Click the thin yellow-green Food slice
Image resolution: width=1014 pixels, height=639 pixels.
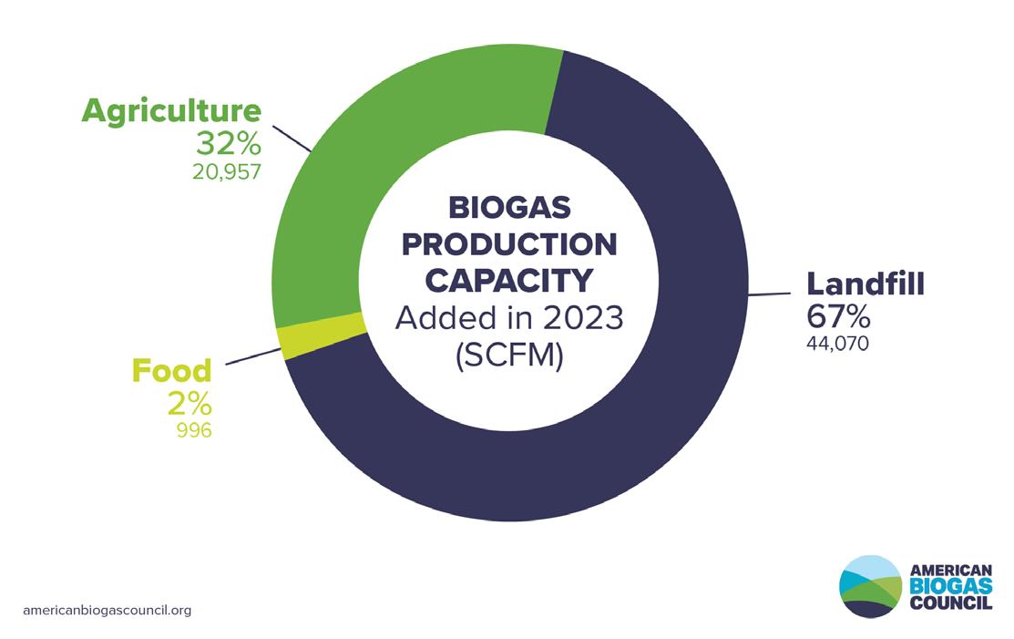[322, 335]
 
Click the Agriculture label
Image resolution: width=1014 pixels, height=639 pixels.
[171, 110]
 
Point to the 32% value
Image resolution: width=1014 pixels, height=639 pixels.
[229, 144]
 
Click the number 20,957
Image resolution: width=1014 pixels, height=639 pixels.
[226, 171]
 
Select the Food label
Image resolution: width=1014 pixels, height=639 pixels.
[171, 371]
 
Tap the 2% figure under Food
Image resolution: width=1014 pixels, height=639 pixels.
[189, 404]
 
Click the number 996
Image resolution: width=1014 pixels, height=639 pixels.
[194, 430]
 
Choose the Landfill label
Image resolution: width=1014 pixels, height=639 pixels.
[865, 283]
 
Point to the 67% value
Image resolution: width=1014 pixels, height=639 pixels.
[838, 316]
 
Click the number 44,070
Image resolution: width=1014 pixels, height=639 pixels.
[837, 344]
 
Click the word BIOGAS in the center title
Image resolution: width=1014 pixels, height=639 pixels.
[509, 208]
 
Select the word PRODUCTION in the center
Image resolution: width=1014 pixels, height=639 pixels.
[509, 244]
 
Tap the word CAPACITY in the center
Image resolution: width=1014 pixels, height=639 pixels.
[509, 281]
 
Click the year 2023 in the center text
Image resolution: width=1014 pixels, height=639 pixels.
[583, 317]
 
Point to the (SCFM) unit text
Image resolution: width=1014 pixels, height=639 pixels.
[509, 356]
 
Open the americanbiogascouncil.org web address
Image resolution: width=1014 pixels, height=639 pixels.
[107, 611]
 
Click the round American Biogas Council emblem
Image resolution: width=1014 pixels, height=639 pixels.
[870, 587]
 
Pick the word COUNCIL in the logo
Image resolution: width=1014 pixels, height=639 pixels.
[950, 603]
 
